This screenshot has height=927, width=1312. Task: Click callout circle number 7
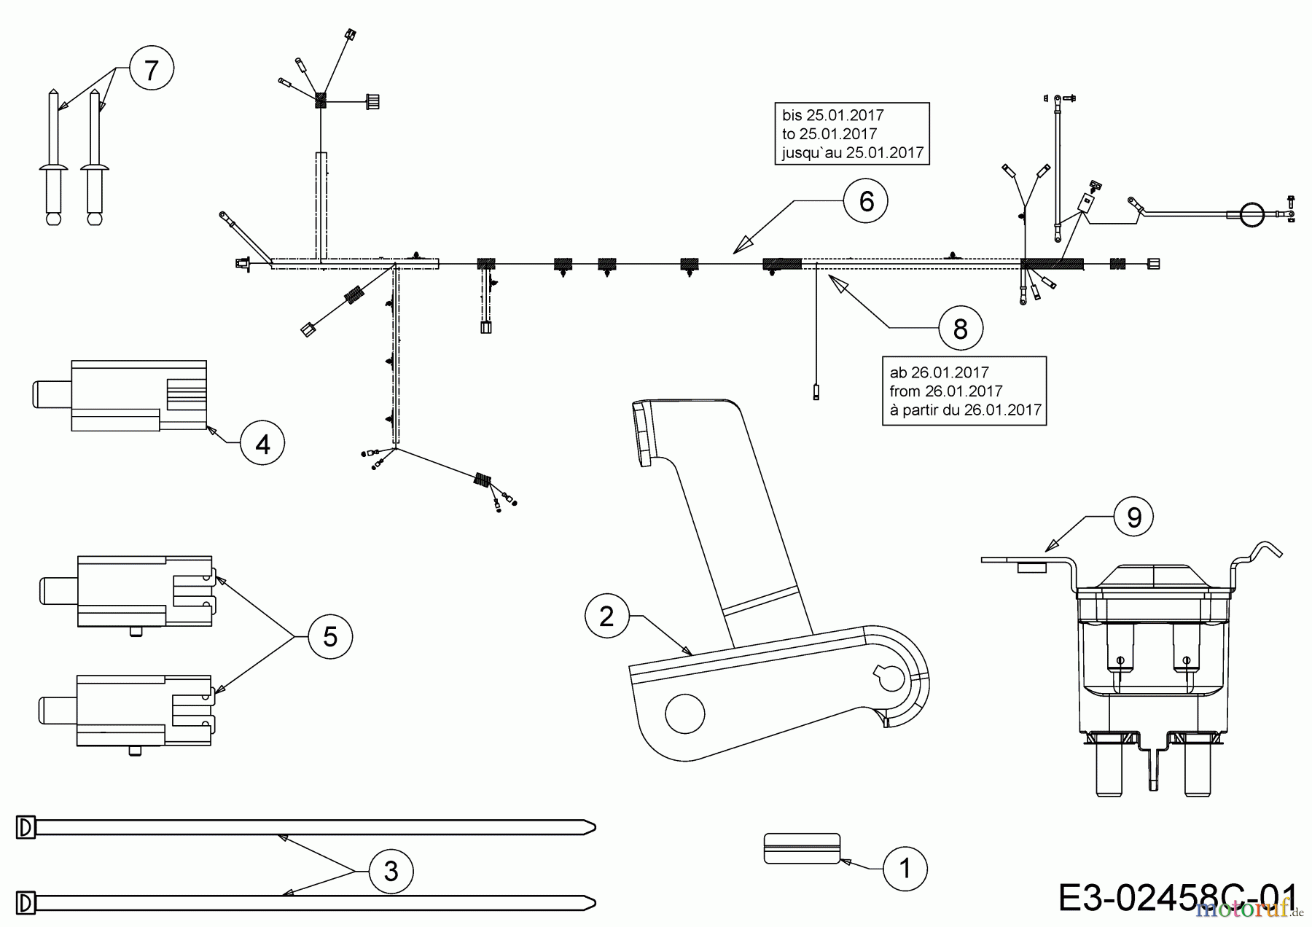pyautogui.click(x=151, y=71)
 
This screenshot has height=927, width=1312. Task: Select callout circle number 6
pyautogui.click(x=866, y=201)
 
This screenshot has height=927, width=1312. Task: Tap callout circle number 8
pyautogui.click(x=960, y=329)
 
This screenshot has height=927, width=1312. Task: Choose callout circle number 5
pyautogui.click(x=329, y=637)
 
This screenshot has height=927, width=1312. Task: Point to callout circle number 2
pyautogui.click(x=606, y=617)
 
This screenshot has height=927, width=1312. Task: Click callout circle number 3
pyautogui.click(x=391, y=871)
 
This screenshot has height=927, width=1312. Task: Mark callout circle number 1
pyautogui.click(x=905, y=869)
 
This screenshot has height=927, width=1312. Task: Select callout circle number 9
pyautogui.click(x=1134, y=517)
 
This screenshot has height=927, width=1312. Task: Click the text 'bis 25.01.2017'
pyautogui.click(x=832, y=115)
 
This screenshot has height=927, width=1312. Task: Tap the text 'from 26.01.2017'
pyautogui.click(x=945, y=391)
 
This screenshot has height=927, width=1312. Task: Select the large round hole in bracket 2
pyautogui.click(x=685, y=713)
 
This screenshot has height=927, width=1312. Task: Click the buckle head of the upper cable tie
pyautogui.click(x=26, y=826)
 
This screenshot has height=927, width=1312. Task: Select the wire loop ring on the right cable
pyautogui.click(x=1252, y=214)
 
